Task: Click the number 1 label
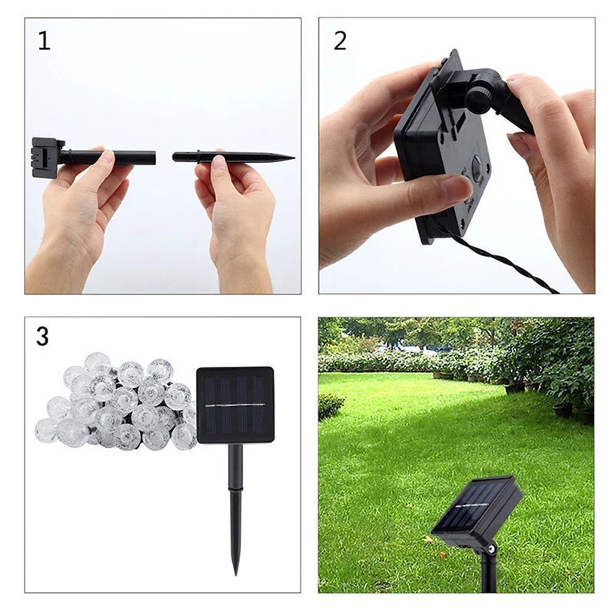coord(44,41)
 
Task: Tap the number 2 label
coord(340,41)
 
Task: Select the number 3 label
coord(43,336)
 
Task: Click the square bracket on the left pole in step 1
coord(45,157)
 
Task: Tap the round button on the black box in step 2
coord(478,167)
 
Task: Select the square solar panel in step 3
coord(235,404)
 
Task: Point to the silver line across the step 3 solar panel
coord(235,405)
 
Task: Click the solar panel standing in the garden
coord(477,507)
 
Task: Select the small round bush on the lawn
coord(331,406)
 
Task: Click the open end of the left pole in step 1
coord(154,158)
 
